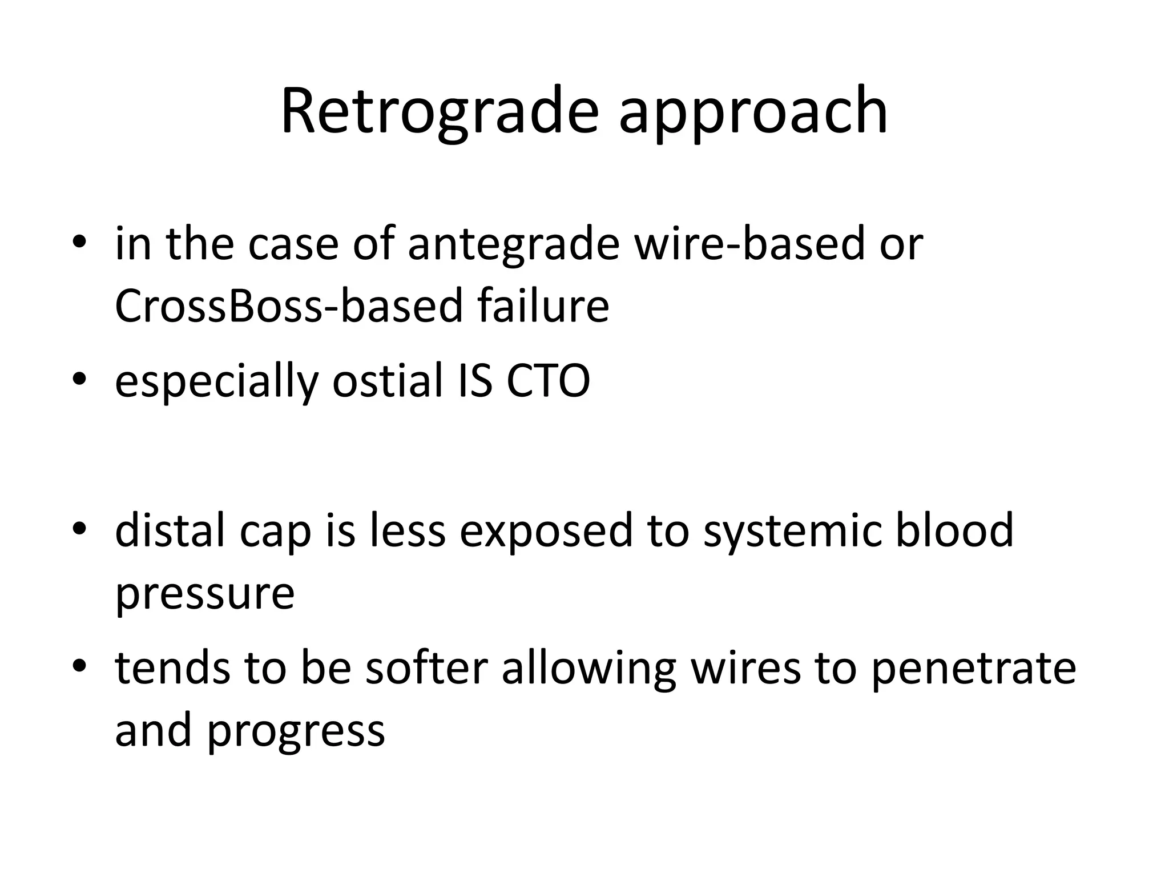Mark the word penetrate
[x=974, y=669]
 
